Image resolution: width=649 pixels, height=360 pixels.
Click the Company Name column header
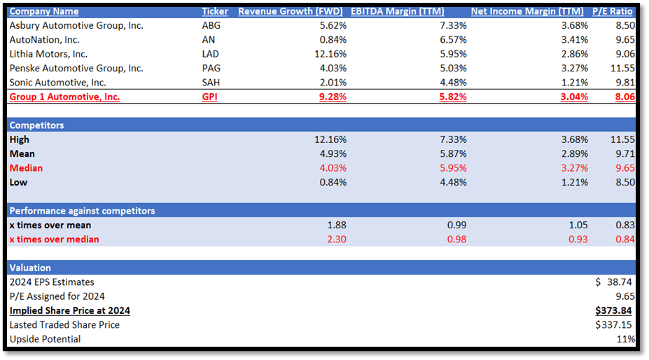[44, 11]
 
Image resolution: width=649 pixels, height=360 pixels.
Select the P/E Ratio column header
[614, 11]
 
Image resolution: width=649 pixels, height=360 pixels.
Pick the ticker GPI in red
[209, 97]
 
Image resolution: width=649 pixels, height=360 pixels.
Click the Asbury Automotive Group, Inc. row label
[76, 25]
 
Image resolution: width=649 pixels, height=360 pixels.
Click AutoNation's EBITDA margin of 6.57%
[452, 39]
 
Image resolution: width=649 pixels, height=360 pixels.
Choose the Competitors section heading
[36, 125]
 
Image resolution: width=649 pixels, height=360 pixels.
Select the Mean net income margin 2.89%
[573, 153]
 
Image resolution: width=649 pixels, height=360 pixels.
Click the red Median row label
[26, 168]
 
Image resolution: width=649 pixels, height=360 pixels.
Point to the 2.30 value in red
[335, 240]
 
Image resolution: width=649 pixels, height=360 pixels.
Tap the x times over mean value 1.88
[335, 225]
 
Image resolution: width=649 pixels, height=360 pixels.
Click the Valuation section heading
[30, 268]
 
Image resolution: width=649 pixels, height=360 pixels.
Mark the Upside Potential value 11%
[625, 339]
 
